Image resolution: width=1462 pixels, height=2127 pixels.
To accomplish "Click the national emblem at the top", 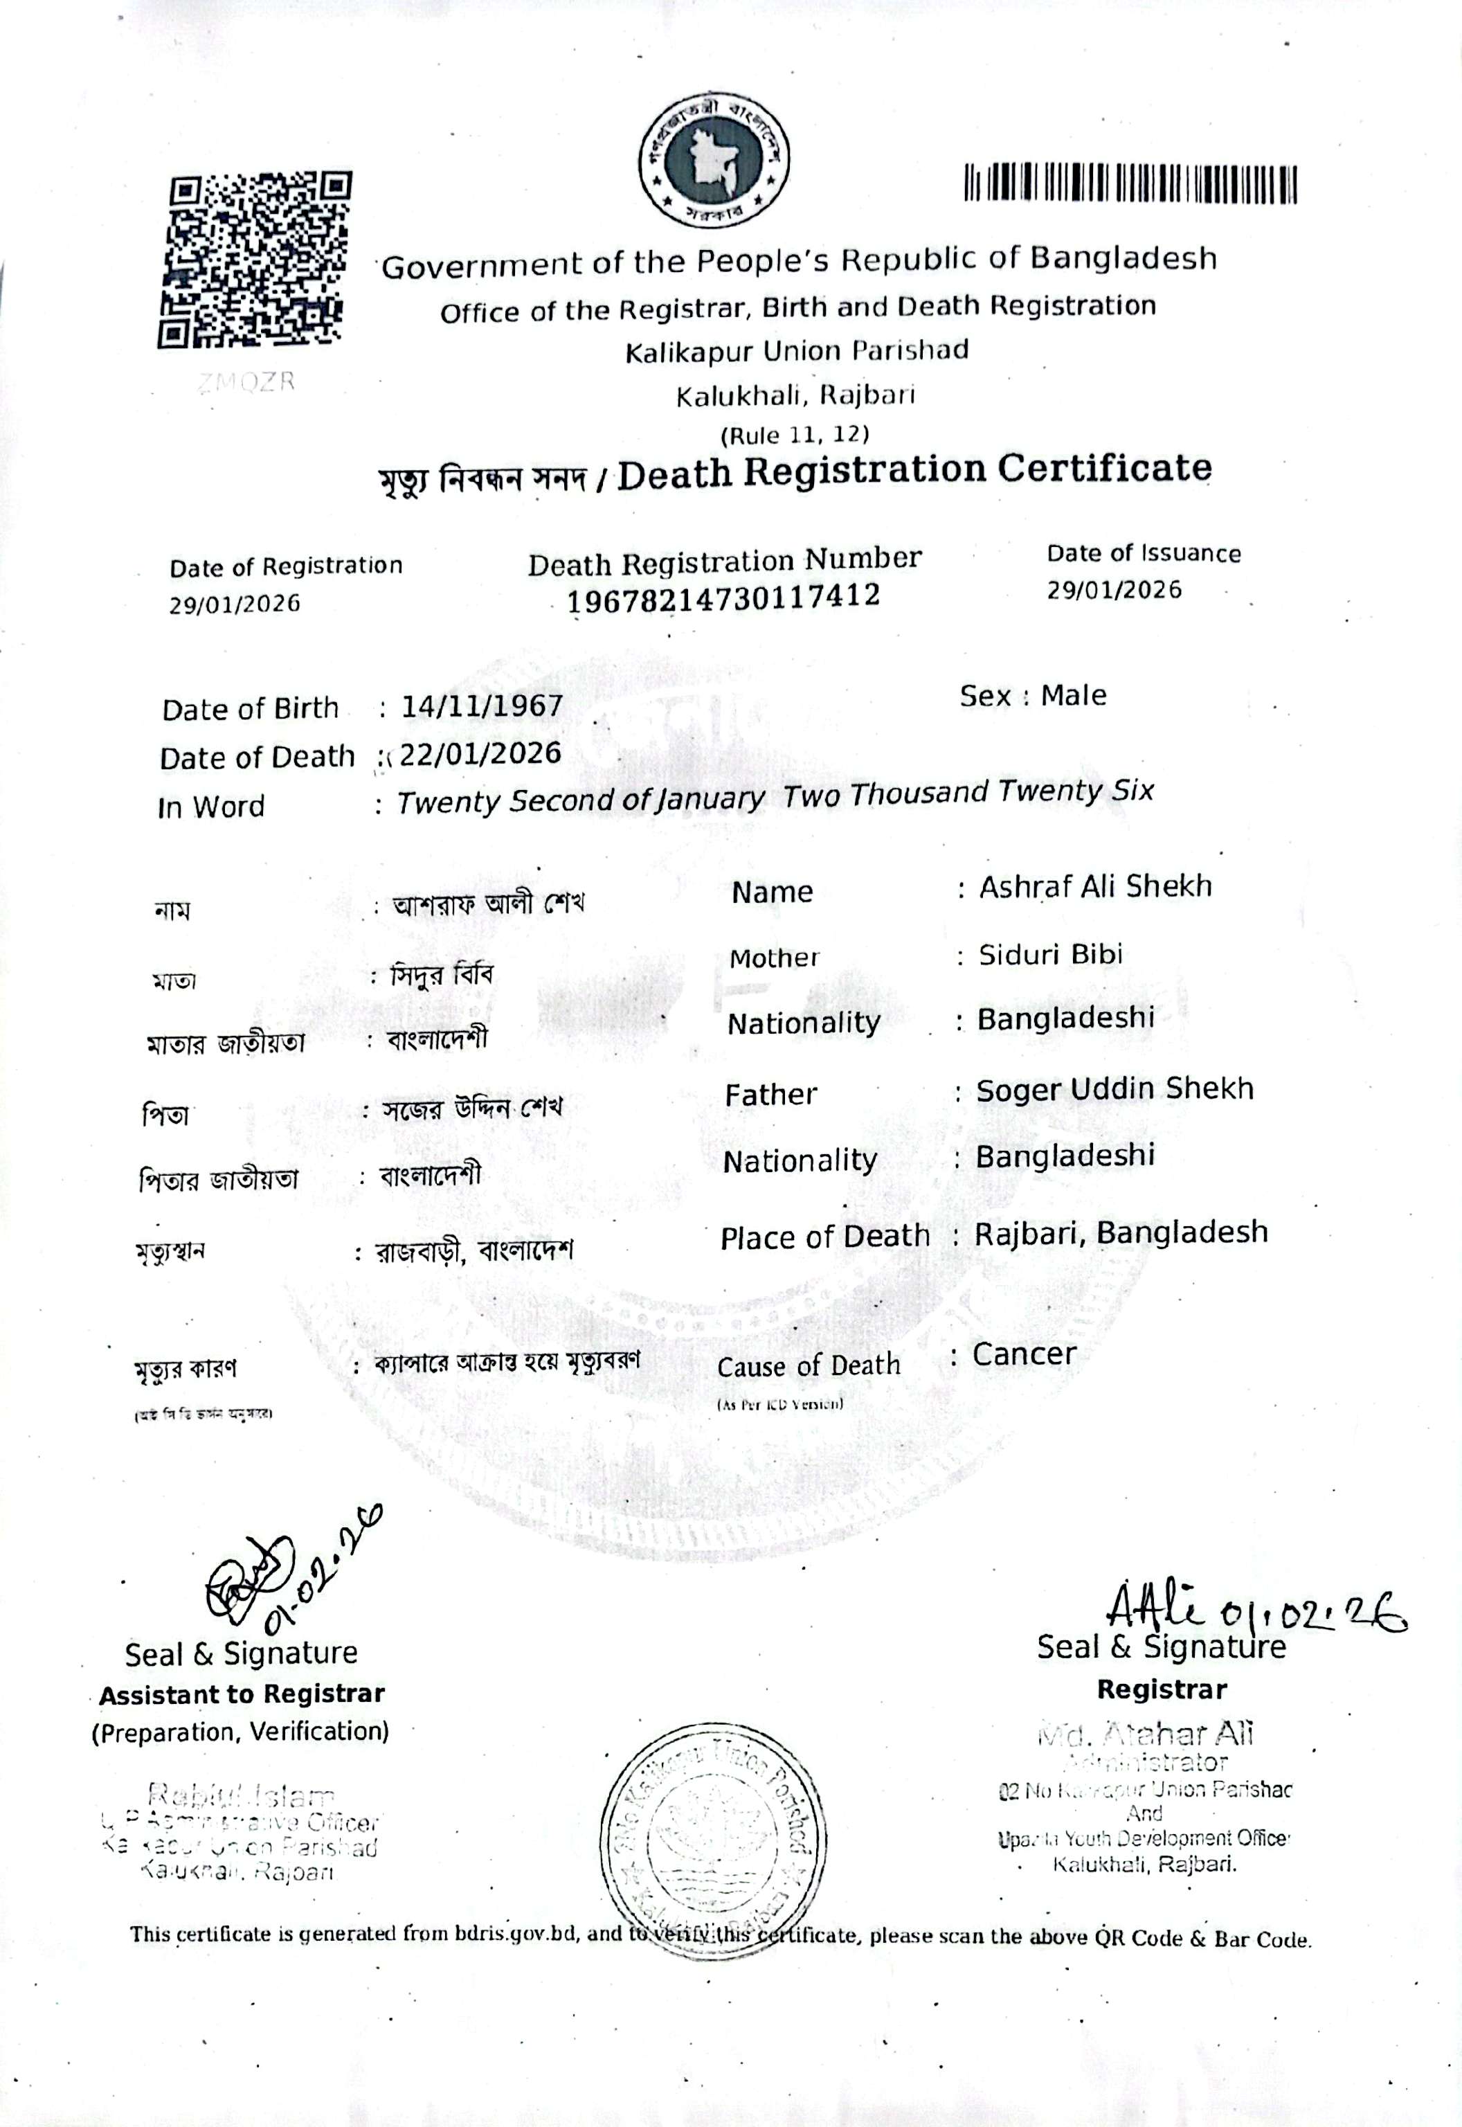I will [714, 161].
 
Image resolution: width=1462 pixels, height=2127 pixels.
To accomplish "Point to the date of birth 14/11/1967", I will [482, 706].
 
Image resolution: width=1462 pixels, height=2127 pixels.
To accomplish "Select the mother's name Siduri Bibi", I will [1050, 955].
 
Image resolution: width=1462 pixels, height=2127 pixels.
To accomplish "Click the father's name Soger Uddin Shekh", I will [1114, 1089].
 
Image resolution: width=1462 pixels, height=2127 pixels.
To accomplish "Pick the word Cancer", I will [1024, 1354].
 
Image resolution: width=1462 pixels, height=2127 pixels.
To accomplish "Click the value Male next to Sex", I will [1073, 695].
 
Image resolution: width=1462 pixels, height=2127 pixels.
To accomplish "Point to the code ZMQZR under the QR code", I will [247, 382].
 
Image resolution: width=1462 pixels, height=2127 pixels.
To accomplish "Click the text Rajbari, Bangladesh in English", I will [1120, 1233].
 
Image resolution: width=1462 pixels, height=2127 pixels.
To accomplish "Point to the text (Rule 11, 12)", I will [794, 433].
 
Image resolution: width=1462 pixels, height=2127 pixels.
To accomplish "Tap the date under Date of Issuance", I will [1114, 590].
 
